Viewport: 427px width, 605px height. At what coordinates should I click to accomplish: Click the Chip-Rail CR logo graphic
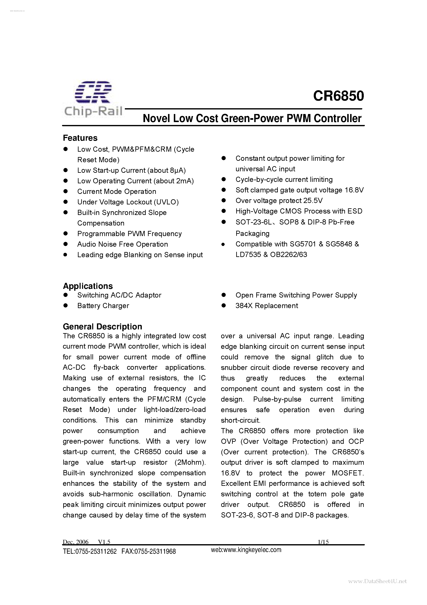click(93, 92)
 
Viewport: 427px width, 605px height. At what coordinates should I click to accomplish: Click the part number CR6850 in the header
click(338, 96)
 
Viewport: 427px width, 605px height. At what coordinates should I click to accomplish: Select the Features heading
click(80, 138)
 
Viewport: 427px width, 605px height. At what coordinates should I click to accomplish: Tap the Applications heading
click(88, 286)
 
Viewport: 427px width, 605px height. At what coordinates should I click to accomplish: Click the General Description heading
click(102, 327)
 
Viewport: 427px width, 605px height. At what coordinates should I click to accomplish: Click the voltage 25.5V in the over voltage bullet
click(313, 201)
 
